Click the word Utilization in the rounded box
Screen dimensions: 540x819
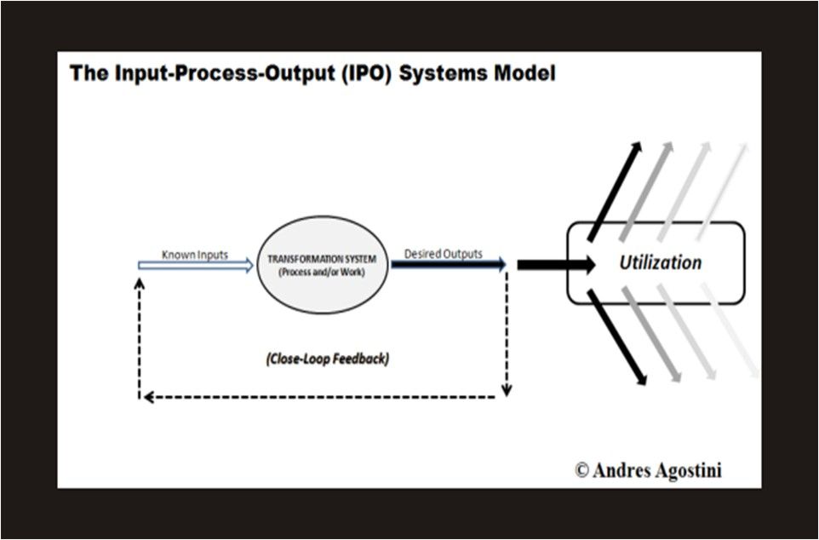660,262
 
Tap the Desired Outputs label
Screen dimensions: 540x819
443,254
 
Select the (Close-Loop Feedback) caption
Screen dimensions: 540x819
327,359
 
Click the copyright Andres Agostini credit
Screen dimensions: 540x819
648,469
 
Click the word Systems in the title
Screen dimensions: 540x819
441,73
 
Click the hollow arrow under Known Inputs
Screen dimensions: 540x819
196,266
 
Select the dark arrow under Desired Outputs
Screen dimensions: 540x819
448,265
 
